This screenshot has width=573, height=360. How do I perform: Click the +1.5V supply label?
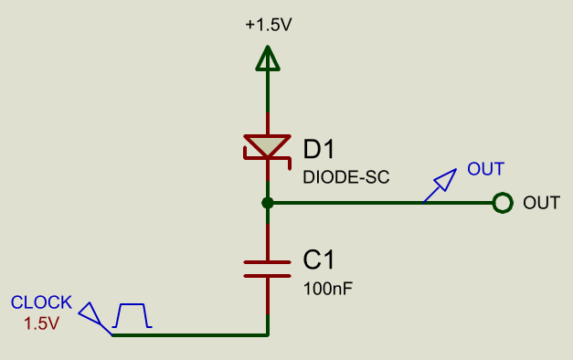pyautogui.click(x=268, y=26)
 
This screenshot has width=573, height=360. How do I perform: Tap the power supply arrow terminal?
pyautogui.click(x=268, y=59)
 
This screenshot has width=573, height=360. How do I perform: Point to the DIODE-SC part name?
pyautogui.click(x=346, y=176)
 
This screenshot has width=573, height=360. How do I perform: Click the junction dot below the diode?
pyautogui.click(x=268, y=203)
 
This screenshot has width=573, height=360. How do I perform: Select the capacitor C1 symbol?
pyautogui.click(x=268, y=267)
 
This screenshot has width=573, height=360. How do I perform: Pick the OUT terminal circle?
pyautogui.click(x=501, y=203)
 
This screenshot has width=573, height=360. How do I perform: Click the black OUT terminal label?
pyautogui.click(x=541, y=203)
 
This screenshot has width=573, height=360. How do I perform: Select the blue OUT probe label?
pyautogui.click(x=485, y=169)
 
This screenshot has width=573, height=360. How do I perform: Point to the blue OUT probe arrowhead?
pyautogui.click(x=442, y=180)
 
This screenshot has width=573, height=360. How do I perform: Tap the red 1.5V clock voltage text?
pyautogui.click(x=40, y=323)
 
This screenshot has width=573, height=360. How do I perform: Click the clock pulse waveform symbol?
pyautogui.click(x=133, y=316)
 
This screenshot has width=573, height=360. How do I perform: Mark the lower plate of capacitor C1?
pyautogui.click(x=268, y=274)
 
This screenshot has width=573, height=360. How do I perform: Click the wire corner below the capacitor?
pyautogui.click(x=268, y=335)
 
